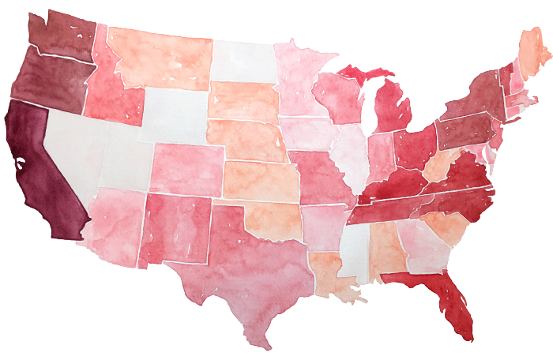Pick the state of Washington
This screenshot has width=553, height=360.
pyautogui.click(x=63, y=36)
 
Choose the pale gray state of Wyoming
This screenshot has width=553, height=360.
pyautogui.click(x=174, y=114)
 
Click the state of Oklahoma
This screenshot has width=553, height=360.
pyautogui.click(x=269, y=217)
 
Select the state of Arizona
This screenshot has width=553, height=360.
pyautogui.click(x=115, y=221)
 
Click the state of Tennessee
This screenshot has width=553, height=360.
pyautogui.click(x=383, y=209)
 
